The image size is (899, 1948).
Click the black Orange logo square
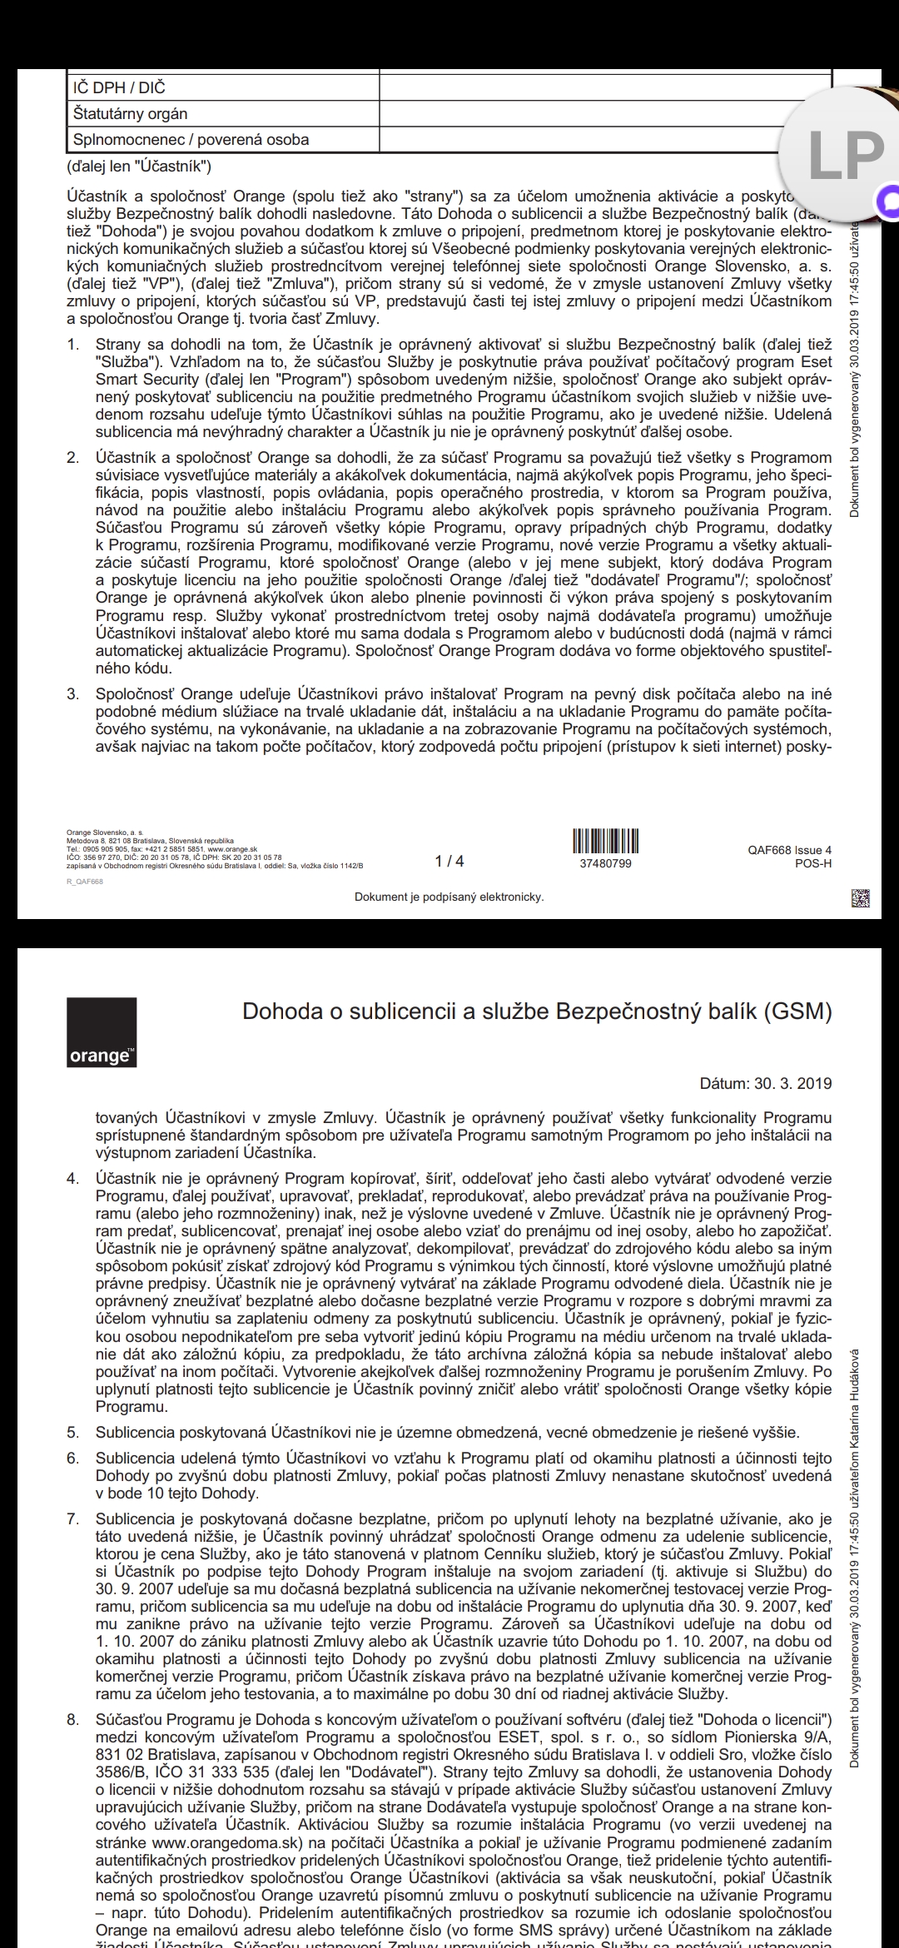tap(102, 1032)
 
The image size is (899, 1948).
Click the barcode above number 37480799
tap(605, 841)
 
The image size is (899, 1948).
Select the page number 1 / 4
tap(449, 861)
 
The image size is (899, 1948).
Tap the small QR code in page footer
tap(861, 898)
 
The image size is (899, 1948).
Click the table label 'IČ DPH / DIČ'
tap(119, 87)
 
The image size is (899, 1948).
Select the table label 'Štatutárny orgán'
tap(130, 113)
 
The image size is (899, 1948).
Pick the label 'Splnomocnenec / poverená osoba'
tap(191, 139)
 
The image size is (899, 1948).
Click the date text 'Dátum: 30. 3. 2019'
tap(765, 1083)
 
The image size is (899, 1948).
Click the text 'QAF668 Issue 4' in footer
tap(789, 850)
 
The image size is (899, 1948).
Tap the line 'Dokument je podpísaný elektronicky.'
tap(449, 897)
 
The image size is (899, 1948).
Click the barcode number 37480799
tap(605, 863)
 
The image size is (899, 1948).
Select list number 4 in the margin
tap(73, 1179)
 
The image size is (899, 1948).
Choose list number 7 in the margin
tap(73, 1519)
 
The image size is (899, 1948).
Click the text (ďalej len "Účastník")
tap(139, 166)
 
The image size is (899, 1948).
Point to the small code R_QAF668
tap(85, 882)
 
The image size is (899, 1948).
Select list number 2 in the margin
tap(73, 458)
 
